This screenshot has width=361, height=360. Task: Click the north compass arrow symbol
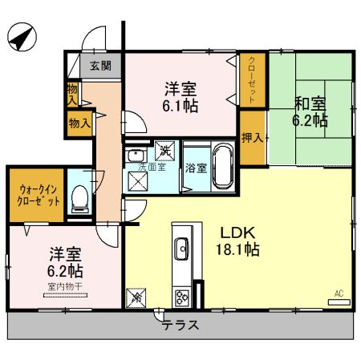tap(22, 35)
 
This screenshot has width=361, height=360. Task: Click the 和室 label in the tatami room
tap(310, 103)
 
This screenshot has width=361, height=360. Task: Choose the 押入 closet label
tap(253, 137)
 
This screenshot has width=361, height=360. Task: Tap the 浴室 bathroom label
tap(197, 168)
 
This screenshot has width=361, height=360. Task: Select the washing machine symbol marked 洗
tap(164, 149)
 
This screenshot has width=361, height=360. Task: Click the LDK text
tap(237, 233)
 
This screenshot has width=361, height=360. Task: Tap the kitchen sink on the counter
tap(180, 247)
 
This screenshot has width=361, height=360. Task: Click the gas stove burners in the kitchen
tap(182, 297)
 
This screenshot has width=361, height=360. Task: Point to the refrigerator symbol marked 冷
tap(136, 297)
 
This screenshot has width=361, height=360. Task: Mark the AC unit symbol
tap(340, 301)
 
